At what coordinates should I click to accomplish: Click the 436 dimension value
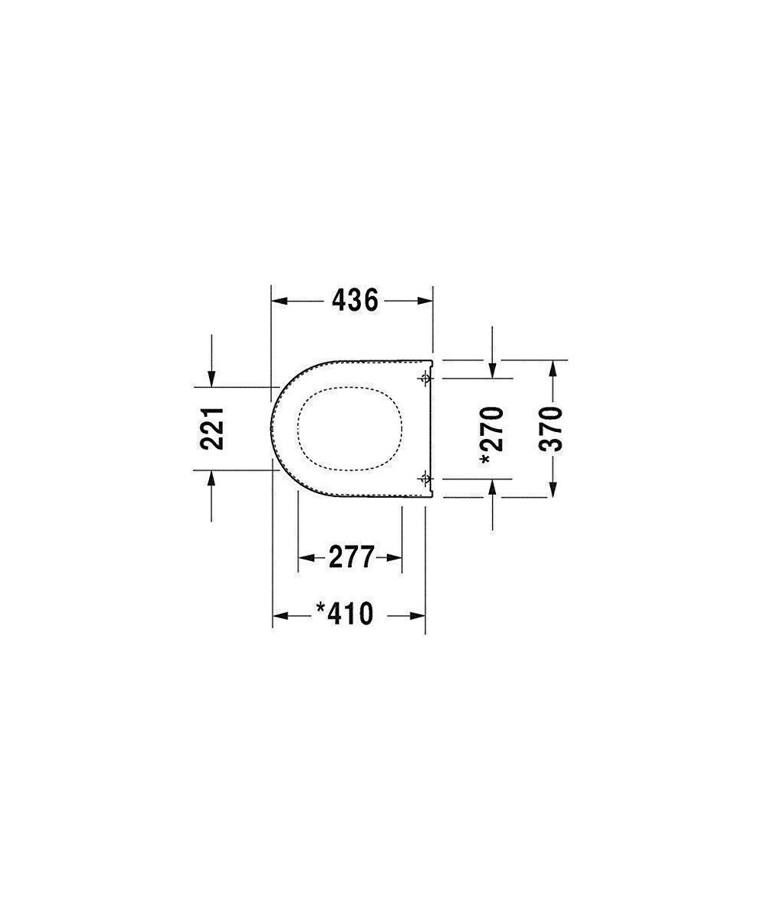click(x=355, y=301)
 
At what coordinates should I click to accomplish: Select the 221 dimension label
click(x=212, y=428)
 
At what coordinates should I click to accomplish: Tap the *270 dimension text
click(x=492, y=435)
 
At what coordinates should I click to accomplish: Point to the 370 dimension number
click(x=550, y=429)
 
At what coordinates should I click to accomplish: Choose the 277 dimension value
click(x=351, y=557)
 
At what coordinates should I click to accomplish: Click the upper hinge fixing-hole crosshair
click(x=425, y=378)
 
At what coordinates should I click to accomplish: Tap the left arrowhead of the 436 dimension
click(x=279, y=301)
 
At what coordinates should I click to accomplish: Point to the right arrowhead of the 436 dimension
click(x=425, y=301)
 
